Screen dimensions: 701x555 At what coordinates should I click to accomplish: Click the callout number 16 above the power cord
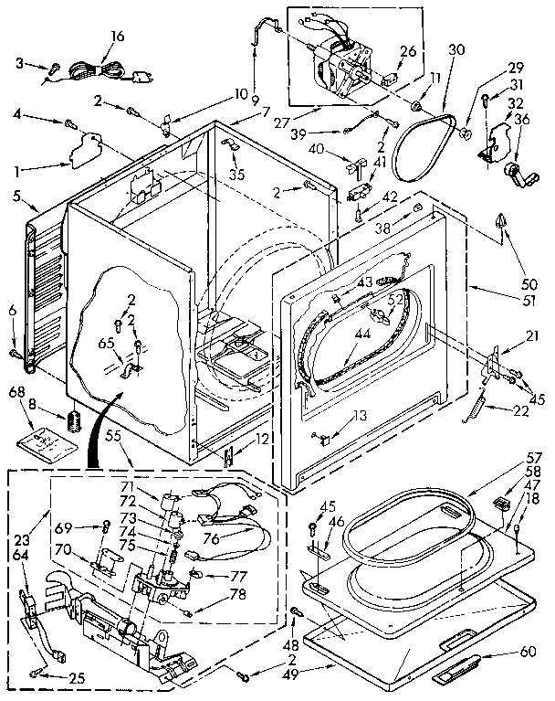[x=117, y=36]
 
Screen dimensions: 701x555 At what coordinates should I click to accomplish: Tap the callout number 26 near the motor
[x=407, y=51]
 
